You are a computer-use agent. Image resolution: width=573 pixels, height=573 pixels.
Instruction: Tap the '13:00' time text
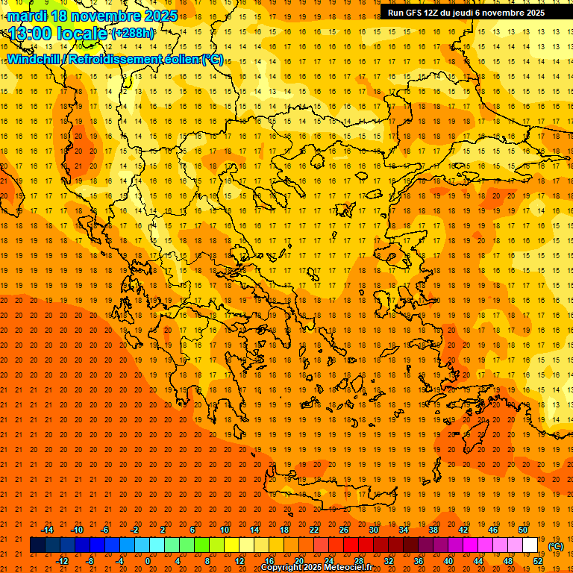click(31, 34)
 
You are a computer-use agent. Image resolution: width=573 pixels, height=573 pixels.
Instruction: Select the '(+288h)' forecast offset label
click(134, 34)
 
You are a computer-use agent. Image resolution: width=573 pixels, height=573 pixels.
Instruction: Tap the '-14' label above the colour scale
click(47, 529)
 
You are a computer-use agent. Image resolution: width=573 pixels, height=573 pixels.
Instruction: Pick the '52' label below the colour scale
click(538, 561)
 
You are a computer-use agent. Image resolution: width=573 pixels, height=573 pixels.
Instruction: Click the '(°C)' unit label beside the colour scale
click(556, 546)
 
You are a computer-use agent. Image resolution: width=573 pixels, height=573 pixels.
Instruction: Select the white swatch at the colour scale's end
click(530, 545)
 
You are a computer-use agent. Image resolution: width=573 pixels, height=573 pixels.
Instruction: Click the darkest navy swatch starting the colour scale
click(37, 545)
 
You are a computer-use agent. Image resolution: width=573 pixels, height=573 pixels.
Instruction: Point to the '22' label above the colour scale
click(314, 529)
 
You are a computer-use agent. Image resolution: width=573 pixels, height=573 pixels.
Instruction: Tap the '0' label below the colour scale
click(148, 561)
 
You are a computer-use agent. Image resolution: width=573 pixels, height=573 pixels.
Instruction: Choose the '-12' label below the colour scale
click(62, 561)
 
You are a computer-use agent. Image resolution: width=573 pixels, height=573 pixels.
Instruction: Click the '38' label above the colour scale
click(433, 529)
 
